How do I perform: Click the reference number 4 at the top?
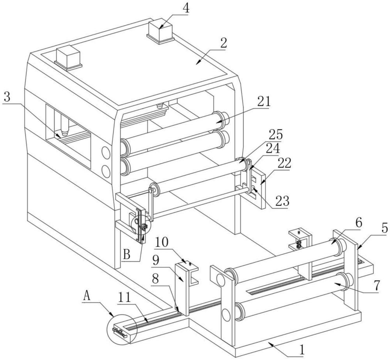[187, 8]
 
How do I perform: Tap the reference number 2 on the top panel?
[223, 43]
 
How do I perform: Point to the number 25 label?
[275, 134]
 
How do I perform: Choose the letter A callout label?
[88, 296]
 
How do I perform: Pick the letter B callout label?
[127, 255]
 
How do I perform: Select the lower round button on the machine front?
[106, 170]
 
